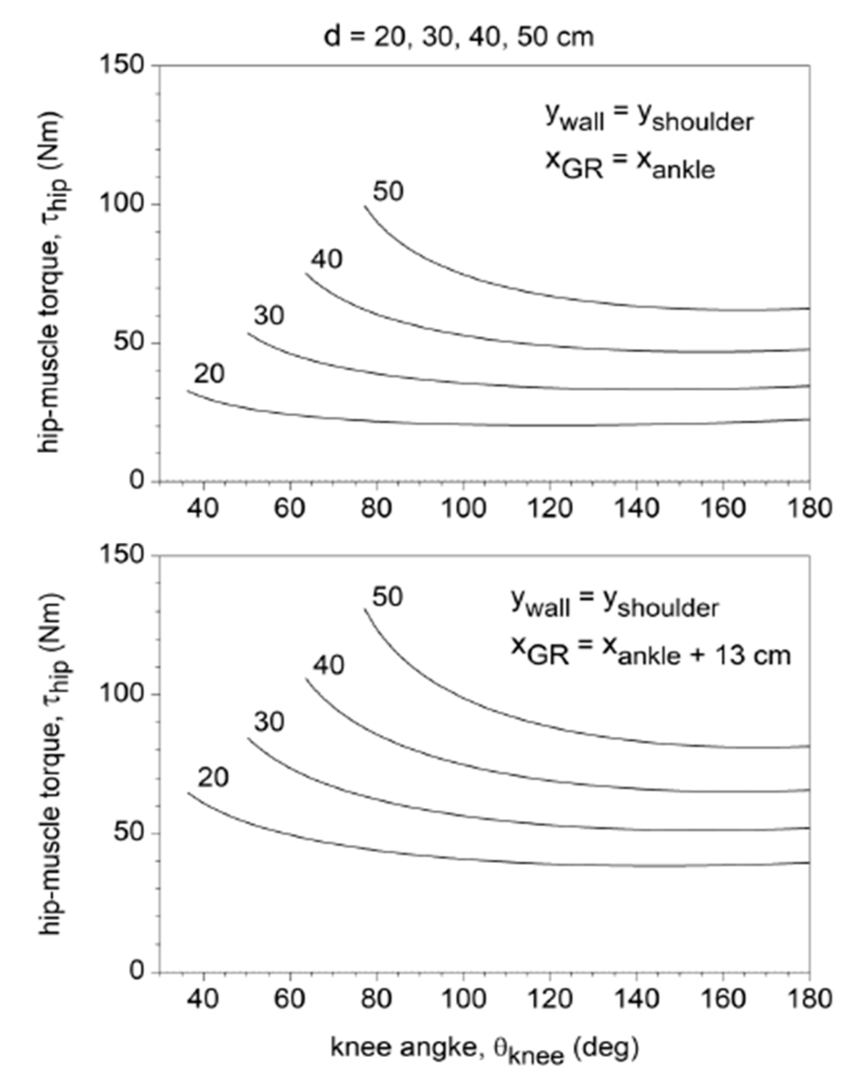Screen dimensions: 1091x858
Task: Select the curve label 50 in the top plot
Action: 388,191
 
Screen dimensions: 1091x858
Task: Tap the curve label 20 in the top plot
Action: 209,374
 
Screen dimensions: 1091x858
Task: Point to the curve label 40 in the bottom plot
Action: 329,665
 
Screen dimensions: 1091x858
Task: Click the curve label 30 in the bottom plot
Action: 269,722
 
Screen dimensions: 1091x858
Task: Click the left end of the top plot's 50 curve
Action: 366,206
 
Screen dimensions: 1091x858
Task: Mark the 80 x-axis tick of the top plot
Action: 376,508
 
